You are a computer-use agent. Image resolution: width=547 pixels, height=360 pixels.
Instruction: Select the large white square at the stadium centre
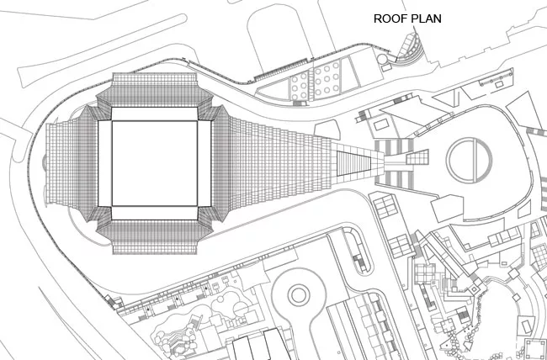[x=155, y=163]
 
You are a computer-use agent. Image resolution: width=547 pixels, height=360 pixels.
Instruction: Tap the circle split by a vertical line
[x=470, y=160]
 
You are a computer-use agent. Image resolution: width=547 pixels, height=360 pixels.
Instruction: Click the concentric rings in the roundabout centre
[x=299, y=295]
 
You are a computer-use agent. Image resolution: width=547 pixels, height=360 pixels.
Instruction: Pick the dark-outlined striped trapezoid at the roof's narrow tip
[x=353, y=163]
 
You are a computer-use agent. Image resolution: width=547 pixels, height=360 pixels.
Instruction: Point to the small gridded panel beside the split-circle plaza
[x=417, y=157]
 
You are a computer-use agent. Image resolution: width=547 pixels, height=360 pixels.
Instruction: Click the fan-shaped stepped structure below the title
[x=411, y=48]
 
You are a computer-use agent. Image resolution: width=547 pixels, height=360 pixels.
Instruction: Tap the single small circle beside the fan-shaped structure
[x=382, y=59]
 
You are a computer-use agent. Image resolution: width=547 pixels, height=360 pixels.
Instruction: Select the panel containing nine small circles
[x=327, y=80]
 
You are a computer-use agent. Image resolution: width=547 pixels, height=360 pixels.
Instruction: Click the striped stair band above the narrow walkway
[x=394, y=147]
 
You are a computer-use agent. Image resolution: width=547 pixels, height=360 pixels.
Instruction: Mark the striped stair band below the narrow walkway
[x=394, y=180]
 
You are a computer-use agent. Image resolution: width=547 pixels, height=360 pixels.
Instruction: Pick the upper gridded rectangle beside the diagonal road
[x=385, y=206]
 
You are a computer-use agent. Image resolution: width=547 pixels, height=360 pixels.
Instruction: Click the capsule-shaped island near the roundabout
[x=357, y=250]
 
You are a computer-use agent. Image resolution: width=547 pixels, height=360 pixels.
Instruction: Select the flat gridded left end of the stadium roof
[x=61, y=163]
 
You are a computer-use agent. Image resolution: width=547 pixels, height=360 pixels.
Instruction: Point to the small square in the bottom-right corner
[x=534, y=349]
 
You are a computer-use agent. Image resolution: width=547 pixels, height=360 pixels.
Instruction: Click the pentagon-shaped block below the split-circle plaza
[x=448, y=209]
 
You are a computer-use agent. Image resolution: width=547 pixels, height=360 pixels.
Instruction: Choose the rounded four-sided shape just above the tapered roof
[x=327, y=130]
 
